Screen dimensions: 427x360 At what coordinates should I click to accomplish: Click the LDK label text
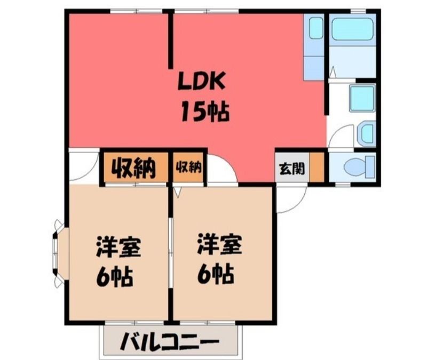coord(201,81)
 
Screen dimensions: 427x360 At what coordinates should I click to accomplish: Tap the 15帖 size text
coord(205,111)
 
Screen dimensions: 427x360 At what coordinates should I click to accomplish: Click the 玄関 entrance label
coord(292,169)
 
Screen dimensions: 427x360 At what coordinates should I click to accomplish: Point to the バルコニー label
coord(170,341)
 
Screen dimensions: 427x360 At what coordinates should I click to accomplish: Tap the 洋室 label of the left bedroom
coord(118,247)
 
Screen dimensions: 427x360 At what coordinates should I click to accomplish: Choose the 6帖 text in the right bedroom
coord(216,274)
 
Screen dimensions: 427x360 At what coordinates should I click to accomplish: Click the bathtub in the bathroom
coord(352,29)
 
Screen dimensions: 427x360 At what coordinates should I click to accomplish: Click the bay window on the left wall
coord(59,253)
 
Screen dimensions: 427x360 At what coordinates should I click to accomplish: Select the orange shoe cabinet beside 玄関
coord(317,166)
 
